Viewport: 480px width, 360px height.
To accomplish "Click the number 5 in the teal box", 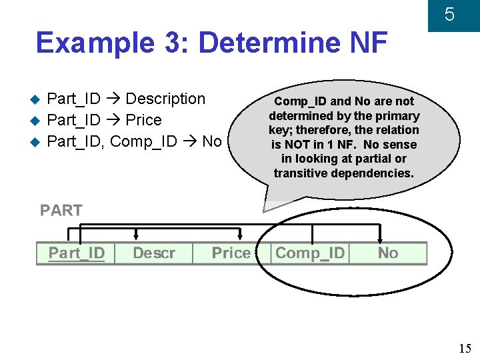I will point(449,15).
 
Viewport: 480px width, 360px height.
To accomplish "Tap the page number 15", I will point(465,348).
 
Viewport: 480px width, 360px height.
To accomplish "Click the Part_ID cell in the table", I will point(76,253).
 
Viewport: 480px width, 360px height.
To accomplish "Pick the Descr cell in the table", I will point(154,253).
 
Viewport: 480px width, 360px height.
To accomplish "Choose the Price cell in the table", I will point(231,253).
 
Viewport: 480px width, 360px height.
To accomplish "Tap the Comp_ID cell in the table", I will point(310,253).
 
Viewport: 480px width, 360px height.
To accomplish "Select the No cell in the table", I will point(387,253).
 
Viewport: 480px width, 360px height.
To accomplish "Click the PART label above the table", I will point(61,211).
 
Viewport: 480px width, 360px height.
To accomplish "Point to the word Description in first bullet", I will point(165,99).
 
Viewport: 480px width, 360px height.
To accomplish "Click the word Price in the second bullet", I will point(144,121).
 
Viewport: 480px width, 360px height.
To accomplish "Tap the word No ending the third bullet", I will point(211,141).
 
